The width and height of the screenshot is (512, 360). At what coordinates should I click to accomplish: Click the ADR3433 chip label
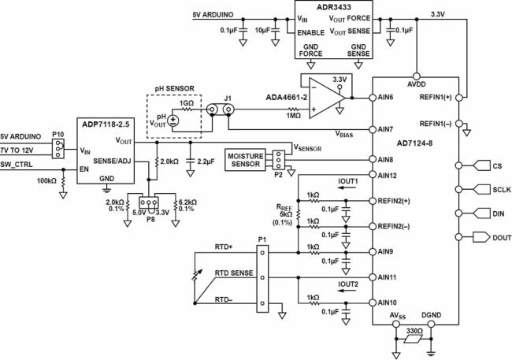[x=333, y=7]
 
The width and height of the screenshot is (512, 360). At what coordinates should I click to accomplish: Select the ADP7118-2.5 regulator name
[x=106, y=124]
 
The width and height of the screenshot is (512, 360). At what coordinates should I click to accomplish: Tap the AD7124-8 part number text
[x=414, y=143]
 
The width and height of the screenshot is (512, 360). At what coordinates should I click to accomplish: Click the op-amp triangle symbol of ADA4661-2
[x=327, y=98]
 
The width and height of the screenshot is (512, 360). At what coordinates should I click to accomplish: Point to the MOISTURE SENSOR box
[x=246, y=160]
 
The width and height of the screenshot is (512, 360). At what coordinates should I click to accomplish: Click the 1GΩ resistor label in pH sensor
[x=187, y=103]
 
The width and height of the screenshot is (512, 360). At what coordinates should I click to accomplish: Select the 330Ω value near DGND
[x=414, y=331]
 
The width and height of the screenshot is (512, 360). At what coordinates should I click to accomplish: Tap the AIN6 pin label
[x=385, y=97]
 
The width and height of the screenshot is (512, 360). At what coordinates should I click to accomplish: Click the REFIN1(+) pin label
[x=436, y=98]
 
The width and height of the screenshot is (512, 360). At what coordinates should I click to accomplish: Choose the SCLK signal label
[x=502, y=190]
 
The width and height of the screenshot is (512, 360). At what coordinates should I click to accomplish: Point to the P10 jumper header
[x=58, y=149]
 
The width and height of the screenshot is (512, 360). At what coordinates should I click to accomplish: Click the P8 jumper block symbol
[x=149, y=203]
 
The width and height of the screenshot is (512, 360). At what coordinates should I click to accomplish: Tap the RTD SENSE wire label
[x=234, y=273]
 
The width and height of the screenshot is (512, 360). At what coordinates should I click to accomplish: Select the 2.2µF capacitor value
[x=206, y=161]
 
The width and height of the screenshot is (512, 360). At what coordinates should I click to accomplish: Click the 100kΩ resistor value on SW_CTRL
[x=46, y=180]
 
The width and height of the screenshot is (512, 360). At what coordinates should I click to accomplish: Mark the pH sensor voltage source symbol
[x=173, y=121]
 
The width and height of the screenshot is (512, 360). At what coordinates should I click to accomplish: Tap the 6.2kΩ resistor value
[x=187, y=202]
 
